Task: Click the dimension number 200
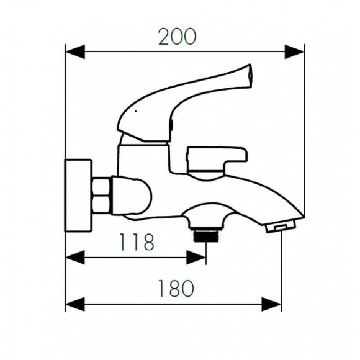178,37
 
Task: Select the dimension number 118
137,242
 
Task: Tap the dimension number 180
176,289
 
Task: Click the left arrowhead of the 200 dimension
75,52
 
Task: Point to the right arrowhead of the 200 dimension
295,52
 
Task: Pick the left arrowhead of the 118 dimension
75,258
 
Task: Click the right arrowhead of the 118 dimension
196,258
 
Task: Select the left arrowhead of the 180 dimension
75,304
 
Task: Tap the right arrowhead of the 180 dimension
271,304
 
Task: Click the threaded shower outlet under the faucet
207,236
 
